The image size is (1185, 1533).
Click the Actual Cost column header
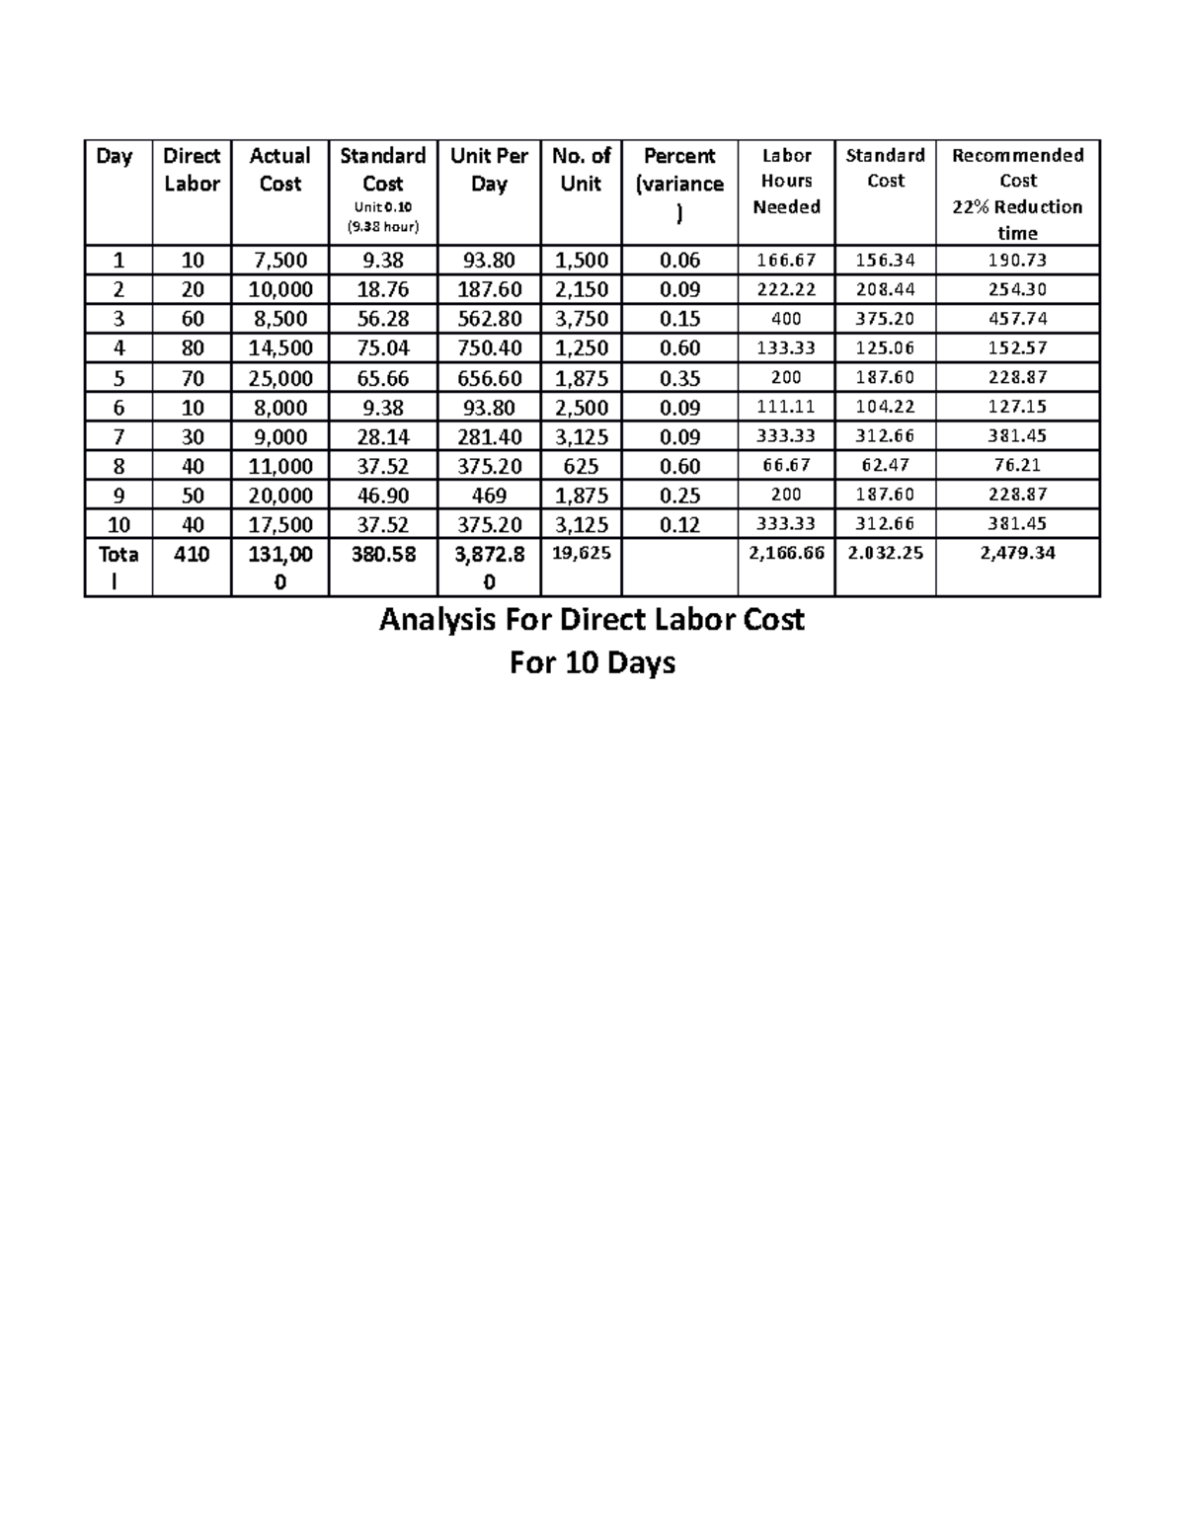point(279,170)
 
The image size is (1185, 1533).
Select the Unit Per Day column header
point(489,170)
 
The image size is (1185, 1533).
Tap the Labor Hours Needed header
point(786,181)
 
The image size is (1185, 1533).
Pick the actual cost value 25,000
point(279,378)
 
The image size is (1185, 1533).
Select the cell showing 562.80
point(489,319)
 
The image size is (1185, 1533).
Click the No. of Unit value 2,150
point(581,289)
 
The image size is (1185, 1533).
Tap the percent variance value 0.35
point(679,378)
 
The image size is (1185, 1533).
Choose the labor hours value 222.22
point(786,289)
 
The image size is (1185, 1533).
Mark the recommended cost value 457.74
point(1017,319)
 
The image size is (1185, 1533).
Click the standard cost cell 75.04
point(382,348)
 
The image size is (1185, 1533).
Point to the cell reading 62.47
point(885,465)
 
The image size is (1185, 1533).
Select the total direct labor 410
point(192,555)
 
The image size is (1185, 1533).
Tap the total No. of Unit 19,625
point(581,554)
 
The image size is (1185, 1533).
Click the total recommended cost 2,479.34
point(1017,554)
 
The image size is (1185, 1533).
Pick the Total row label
point(118,568)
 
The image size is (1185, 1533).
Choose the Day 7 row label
point(118,436)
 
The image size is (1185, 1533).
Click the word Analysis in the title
point(439,620)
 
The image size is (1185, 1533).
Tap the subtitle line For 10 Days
point(592,662)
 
